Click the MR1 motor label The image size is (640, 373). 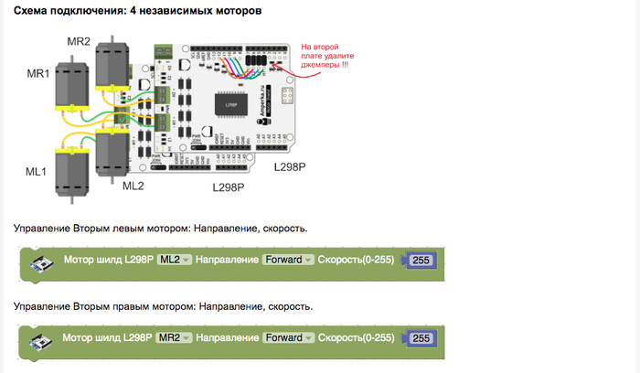38,73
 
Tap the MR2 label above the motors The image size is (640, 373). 79,42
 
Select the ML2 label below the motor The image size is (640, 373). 133,186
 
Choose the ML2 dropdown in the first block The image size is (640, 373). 174,260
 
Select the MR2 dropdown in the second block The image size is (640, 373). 174,337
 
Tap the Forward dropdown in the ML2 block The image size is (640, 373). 288,260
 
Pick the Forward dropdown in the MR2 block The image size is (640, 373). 288,337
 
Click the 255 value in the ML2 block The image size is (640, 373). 421,261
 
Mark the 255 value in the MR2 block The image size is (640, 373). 421,338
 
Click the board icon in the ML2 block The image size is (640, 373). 42,263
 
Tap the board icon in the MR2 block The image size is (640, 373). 42,341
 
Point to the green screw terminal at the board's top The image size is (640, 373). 164,50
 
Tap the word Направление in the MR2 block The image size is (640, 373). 228,337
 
